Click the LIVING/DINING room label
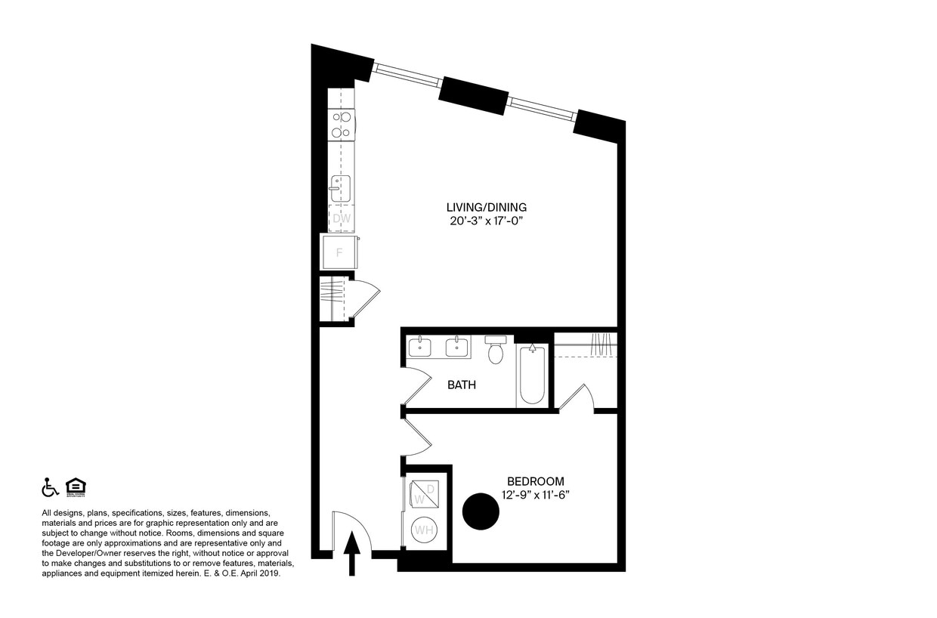(486, 207)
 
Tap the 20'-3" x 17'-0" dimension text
(486, 221)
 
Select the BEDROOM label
(535, 481)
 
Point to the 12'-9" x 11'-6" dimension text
(535, 495)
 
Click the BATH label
(462, 385)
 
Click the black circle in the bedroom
(481, 512)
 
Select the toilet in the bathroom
(496, 351)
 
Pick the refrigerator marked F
(339, 252)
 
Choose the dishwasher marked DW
(342, 218)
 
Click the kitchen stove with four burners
(342, 125)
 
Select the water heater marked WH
(423, 530)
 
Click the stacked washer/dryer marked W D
(423, 494)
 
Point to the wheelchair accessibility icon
(50, 488)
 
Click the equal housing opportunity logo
(75, 488)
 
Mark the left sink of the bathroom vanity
(420, 348)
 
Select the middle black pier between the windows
(474, 94)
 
